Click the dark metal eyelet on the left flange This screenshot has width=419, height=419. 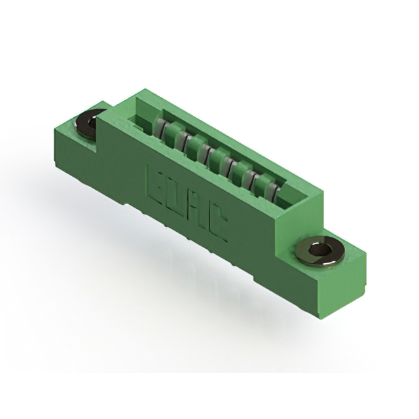pyautogui.click(x=88, y=123)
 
